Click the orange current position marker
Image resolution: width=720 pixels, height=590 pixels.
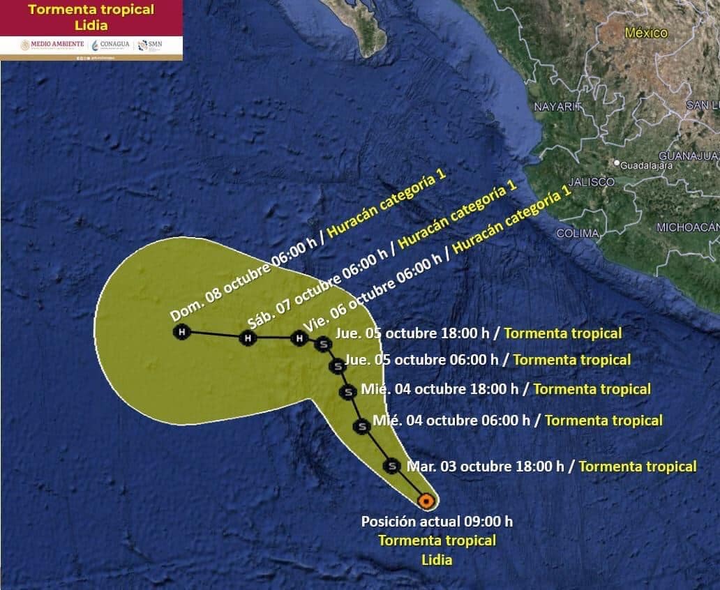coord(426,500)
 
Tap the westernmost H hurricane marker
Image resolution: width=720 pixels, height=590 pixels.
coord(182,332)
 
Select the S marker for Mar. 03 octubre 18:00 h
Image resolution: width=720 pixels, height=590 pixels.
coord(392,465)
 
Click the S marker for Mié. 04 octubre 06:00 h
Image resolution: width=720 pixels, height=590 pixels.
coord(361,426)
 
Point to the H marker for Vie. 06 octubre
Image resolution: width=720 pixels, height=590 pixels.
coord(299,338)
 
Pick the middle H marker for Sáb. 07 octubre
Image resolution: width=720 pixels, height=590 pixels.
coord(247,338)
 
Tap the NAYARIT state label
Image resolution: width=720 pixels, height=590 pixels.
coord(558,107)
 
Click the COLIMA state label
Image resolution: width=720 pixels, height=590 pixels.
coord(578,234)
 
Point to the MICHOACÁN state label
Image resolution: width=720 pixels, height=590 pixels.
coord(687,227)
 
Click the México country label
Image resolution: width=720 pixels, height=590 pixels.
coord(646,33)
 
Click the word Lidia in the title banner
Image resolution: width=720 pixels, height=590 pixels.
coord(91,25)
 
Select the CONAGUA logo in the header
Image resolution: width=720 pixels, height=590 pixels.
coord(110,45)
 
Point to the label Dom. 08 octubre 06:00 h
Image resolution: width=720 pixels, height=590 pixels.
coord(243,279)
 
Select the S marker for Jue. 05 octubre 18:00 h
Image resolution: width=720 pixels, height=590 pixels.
coord(322,343)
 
